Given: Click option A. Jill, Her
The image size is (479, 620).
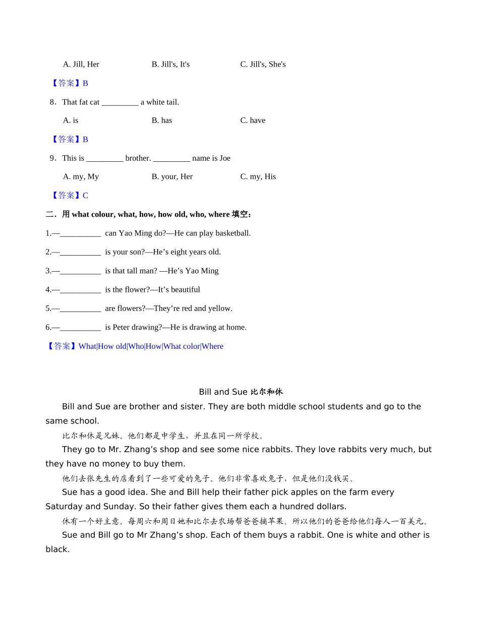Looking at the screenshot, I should click(x=81, y=64).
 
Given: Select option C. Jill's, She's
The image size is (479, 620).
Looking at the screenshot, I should click(x=263, y=64).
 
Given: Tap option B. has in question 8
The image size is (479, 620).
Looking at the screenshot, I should click(x=161, y=120).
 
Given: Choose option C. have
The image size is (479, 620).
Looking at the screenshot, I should click(x=253, y=120).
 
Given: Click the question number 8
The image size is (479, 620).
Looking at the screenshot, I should click(x=52, y=102).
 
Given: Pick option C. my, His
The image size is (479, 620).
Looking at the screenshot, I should click(x=258, y=176).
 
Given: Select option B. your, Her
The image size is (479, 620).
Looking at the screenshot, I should click(x=172, y=176).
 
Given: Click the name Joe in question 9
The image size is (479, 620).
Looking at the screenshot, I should click(x=224, y=158).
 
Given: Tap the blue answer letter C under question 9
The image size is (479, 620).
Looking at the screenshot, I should click(x=85, y=195).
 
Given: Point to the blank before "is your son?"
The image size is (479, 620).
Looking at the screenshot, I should click(x=80, y=252).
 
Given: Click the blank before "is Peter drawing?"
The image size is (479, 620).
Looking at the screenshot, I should click(x=80, y=328).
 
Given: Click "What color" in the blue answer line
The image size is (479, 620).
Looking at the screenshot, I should click(x=182, y=346).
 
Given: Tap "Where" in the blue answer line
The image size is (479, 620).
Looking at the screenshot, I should click(x=212, y=346).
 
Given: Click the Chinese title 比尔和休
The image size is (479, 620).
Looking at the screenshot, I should click(x=266, y=392).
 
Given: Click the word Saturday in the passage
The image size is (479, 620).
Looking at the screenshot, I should click(x=64, y=507).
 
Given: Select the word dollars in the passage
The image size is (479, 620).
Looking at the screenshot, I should click(x=330, y=507).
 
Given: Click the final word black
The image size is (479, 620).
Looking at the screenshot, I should click(x=57, y=549).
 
